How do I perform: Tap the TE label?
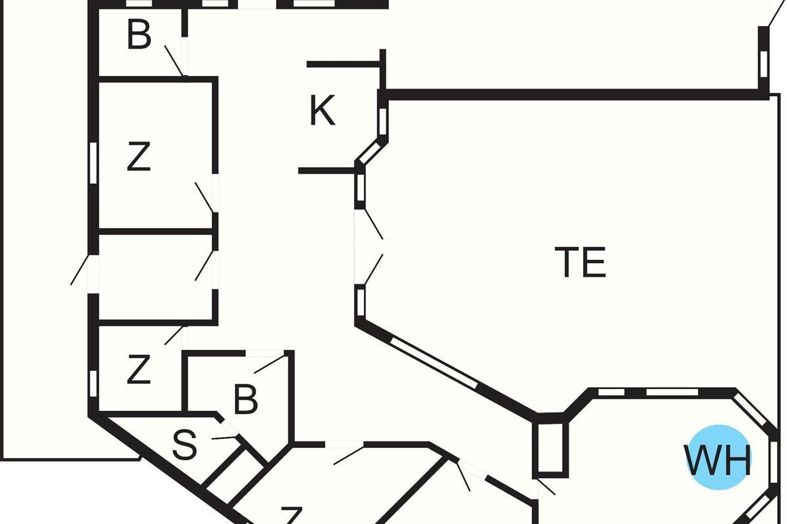click(x=580, y=262)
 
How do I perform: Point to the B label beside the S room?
click(x=245, y=400)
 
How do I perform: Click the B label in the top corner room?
click(x=139, y=36)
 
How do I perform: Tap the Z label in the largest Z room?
click(x=138, y=158)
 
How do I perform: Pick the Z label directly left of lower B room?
click(x=138, y=370)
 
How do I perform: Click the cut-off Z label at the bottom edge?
click(x=291, y=515)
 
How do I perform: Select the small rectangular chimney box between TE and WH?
click(x=550, y=447)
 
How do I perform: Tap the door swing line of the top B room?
click(x=174, y=60)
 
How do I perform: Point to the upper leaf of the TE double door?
click(x=373, y=223)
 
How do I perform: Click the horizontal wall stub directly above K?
click(x=343, y=64)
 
